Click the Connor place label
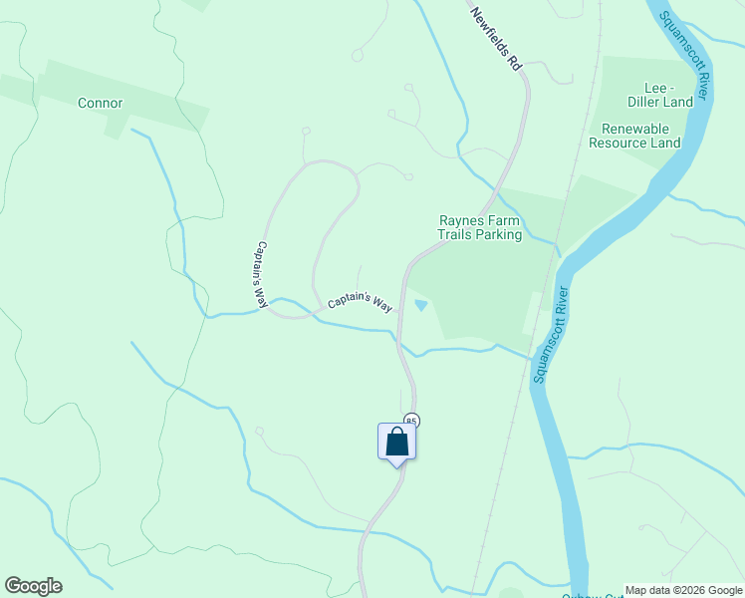(100, 103)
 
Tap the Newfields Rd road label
(497, 39)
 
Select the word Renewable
(635, 128)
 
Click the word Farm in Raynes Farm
(509, 220)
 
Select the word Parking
(500, 235)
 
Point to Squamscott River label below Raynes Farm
(552, 335)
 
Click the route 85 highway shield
(410, 422)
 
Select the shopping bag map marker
(396, 441)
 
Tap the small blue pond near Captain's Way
(421, 305)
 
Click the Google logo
(33, 586)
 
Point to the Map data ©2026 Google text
(683, 590)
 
